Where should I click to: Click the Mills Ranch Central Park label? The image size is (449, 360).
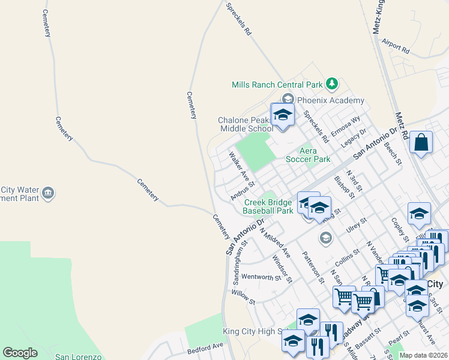point(277,85)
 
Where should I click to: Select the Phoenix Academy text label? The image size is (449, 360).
point(330,100)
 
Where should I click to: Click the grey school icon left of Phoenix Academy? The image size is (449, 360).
point(288,100)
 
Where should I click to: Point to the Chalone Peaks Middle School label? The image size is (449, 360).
point(245,124)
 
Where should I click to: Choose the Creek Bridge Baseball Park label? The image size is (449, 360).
point(268,206)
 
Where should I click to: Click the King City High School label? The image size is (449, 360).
point(257,332)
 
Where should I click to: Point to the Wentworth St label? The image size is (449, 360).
point(261,277)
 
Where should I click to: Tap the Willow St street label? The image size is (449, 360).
point(244,298)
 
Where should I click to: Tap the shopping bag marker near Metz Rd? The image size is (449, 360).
point(421,143)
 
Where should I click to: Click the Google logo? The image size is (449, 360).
point(20,353)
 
